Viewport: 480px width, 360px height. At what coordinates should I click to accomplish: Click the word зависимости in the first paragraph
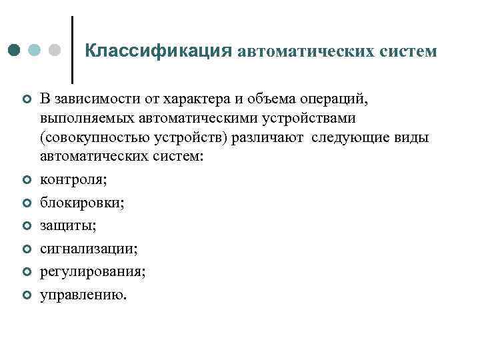pyautogui.click(x=91, y=99)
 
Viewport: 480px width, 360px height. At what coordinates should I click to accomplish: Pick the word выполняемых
pyautogui.click(x=81, y=118)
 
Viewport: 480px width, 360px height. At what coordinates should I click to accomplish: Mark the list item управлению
pyautogui.click(x=82, y=295)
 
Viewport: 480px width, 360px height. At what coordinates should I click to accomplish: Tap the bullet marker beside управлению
pyautogui.click(x=26, y=294)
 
